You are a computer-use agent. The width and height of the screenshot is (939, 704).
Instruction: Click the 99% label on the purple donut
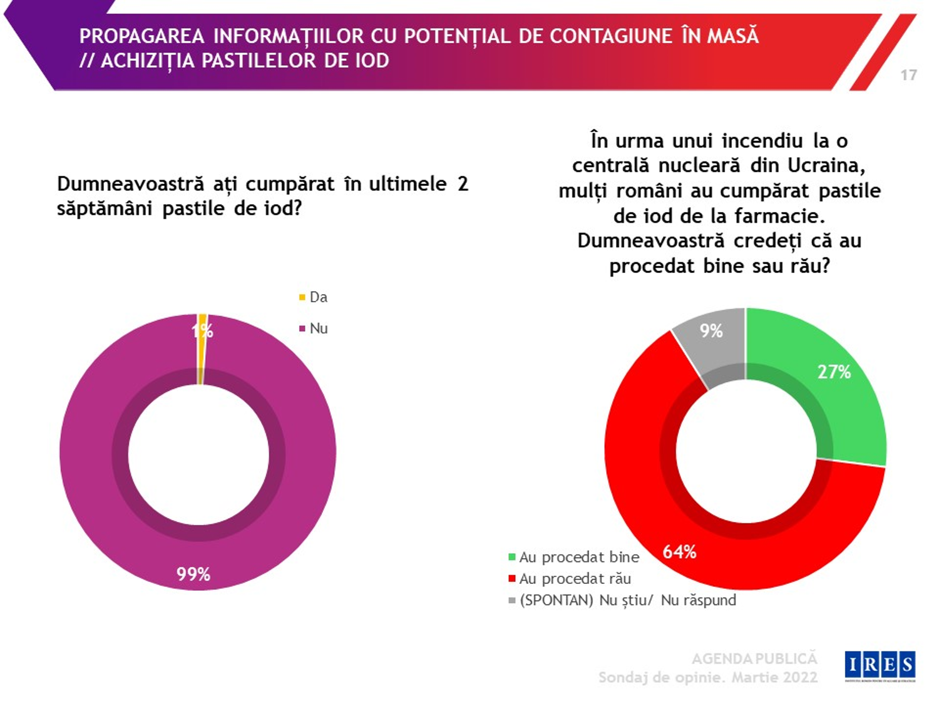(x=193, y=574)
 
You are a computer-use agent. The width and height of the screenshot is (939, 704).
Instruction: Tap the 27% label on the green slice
(x=834, y=372)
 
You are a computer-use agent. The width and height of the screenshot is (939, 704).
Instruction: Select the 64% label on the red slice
(x=679, y=552)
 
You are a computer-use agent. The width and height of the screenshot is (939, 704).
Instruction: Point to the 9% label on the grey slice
(x=711, y=331)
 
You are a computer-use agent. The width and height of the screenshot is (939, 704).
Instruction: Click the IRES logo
(x=880, y=665)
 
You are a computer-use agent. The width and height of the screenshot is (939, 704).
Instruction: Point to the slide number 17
(x=908, y=75)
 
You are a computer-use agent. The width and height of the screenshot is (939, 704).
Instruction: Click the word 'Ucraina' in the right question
(x=826, y=165)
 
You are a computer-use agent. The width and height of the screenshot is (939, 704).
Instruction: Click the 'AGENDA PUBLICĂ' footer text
(x=754, y=658)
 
